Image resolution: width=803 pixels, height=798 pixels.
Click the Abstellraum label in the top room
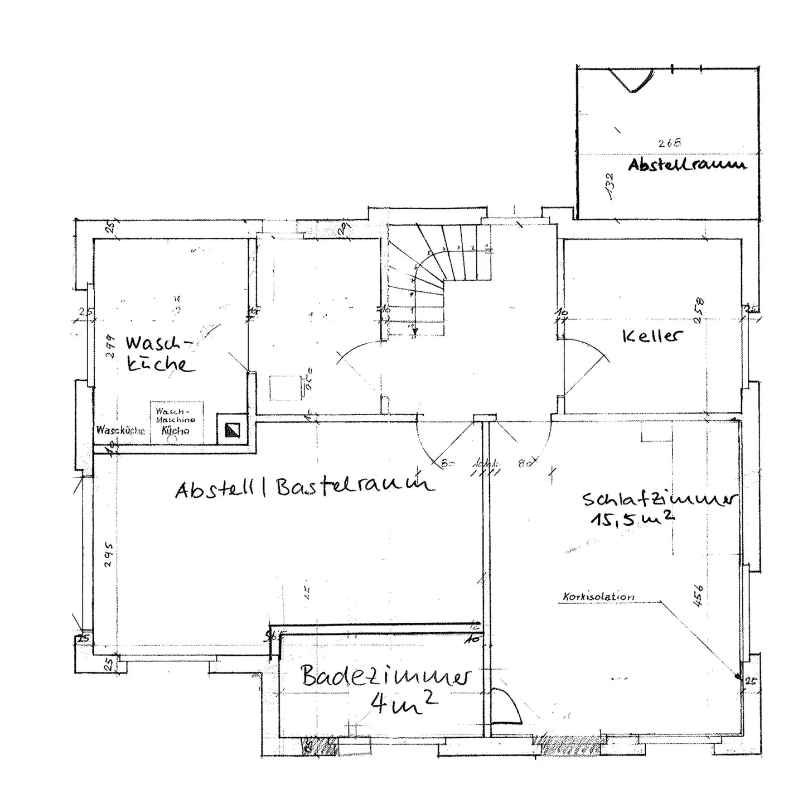[686, 165]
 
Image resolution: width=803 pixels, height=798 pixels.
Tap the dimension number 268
[669, 143]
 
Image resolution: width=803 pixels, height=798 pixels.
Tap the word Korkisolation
[598, 597]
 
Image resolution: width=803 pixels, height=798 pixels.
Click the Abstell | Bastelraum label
[304, 487]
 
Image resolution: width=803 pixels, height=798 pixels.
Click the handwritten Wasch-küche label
[159, 354]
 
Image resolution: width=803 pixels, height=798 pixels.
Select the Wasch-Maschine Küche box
[176, 421]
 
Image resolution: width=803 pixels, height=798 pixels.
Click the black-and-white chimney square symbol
[232, 430]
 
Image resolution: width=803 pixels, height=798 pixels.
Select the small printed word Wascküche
[120, 430]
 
